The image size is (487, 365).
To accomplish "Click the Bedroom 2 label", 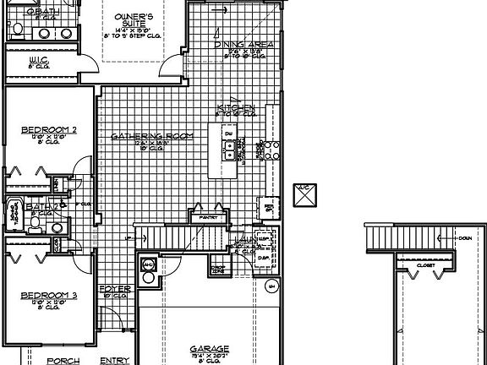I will tap(49, 130).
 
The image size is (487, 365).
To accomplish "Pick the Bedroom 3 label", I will tap(49, 295).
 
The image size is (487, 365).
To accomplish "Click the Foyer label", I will tap(115, 289).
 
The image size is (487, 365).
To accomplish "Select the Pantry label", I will tap(209, 217).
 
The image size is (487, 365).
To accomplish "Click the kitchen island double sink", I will tap(228, 150).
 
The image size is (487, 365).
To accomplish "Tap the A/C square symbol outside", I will tap(304, 195).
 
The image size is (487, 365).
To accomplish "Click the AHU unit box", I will tap(149, 264).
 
